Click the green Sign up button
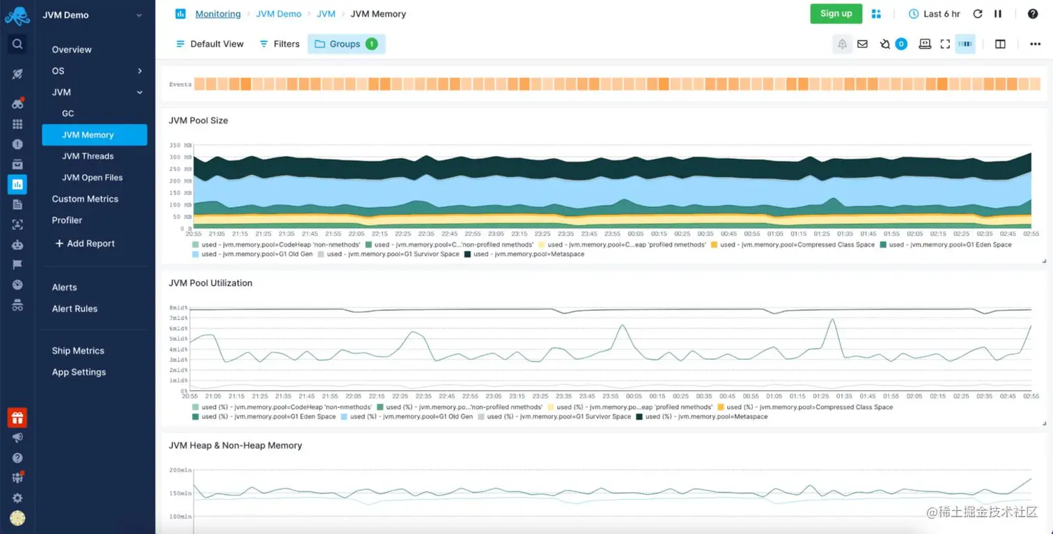point(836,14)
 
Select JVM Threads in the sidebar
point(88,156)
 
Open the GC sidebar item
point(68,114)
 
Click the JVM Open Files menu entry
point(92,178)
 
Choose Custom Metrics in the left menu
point(85,199)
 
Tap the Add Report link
point(84,243)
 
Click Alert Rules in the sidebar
point(75,309)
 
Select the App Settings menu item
point(79,372)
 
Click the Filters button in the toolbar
point(279,44)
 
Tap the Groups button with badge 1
point(346,44)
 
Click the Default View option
point(210,44)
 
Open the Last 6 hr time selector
point(935,14)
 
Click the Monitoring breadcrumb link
point(217,14)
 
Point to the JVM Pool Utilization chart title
point(210,283)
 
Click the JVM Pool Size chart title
point(198,121)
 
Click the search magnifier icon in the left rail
point(17,44)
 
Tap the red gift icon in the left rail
point(17,418)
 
